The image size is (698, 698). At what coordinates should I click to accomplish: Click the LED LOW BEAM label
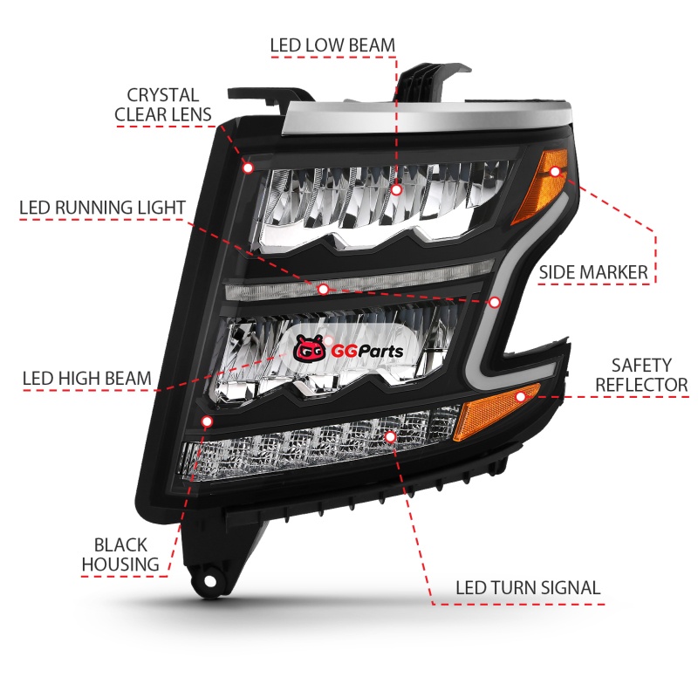[332, 44]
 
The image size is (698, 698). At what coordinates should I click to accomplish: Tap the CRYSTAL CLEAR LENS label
[163, 105]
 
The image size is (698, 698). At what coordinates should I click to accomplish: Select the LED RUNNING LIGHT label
[103, 208]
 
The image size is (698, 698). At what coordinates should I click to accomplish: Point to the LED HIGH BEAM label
[87, 379]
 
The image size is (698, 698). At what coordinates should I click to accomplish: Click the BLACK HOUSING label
[121, 555]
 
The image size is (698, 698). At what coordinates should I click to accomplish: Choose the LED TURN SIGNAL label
[528, 587]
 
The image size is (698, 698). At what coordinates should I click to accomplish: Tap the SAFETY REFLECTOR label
[641, 374]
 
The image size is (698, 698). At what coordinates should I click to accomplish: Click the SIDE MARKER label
[593, 272]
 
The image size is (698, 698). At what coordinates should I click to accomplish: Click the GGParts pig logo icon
[308, 351]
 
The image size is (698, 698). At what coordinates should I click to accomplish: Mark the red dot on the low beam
[396, 189]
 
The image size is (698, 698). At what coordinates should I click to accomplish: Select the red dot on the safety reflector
[521, 397]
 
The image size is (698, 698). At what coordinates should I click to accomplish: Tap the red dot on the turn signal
[390, 435]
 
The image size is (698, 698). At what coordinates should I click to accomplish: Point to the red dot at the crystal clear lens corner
[248, 167]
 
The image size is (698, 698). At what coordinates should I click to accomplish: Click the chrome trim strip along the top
[410, 117]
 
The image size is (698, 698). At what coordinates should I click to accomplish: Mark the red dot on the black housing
[207, 421]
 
